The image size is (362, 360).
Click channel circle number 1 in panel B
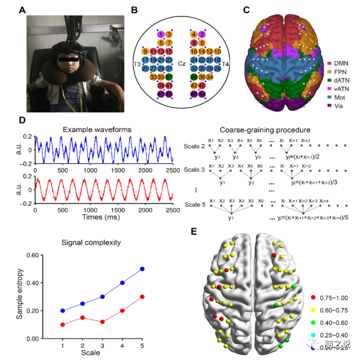161,35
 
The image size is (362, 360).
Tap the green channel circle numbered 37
169,76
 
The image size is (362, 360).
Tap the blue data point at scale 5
142,269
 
